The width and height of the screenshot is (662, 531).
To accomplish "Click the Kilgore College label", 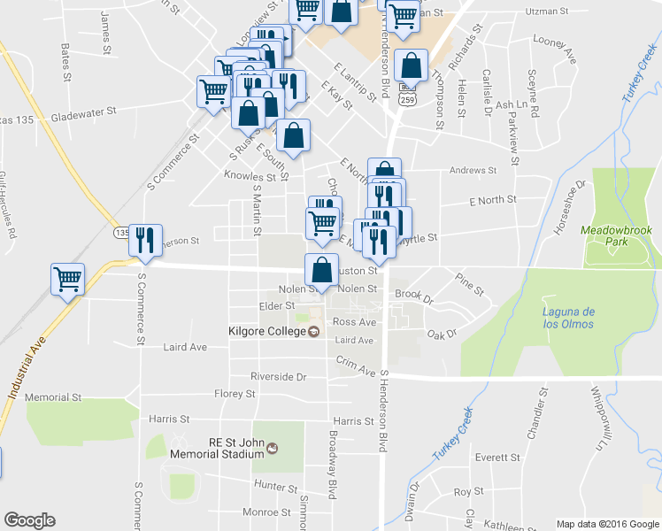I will coord(265,332).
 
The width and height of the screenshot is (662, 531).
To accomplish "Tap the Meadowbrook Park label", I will coord(615,235).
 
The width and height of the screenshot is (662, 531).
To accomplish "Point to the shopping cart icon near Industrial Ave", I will coord(67,279).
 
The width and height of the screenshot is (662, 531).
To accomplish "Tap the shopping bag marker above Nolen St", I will coord(321,270).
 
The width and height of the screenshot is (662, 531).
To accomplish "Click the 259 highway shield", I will coord(406,100).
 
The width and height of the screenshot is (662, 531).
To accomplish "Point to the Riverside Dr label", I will coord(278,376).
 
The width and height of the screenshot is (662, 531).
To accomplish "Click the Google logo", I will coord(29,520).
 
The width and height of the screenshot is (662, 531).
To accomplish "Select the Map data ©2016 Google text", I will coord(607,523).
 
